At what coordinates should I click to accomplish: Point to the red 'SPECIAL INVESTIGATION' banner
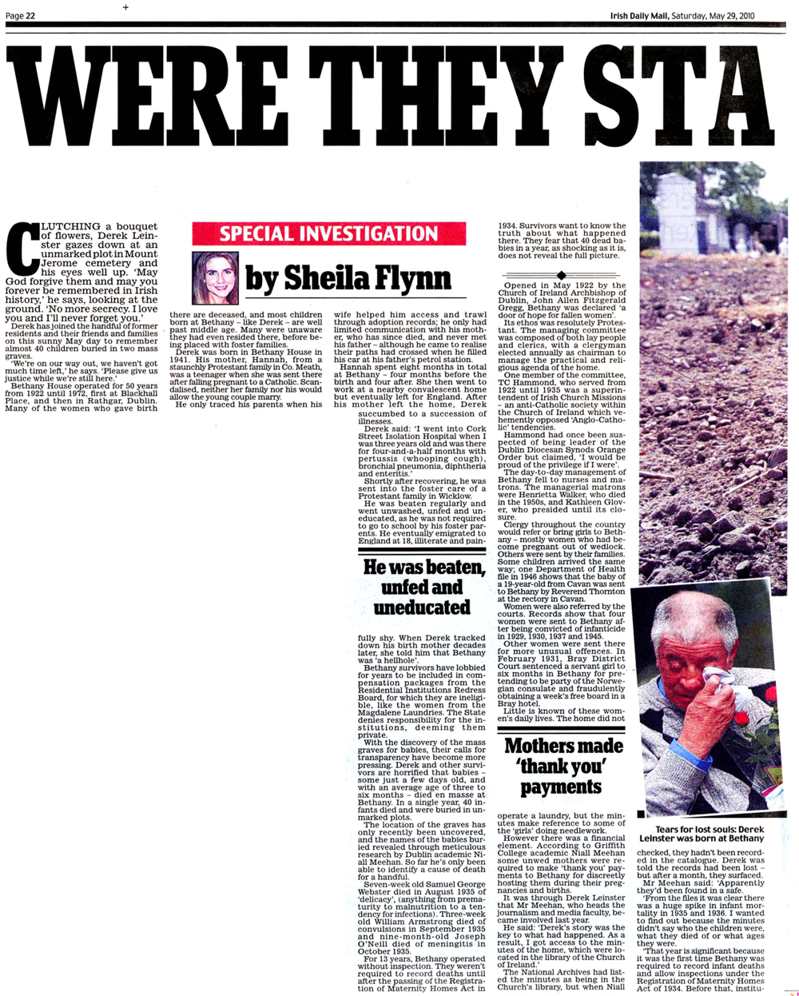pos(328,234)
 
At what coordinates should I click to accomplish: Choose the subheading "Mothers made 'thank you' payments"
pos(562,766)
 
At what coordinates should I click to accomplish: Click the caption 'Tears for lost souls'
pos(701,835)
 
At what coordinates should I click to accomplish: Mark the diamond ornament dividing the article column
pos(562,276)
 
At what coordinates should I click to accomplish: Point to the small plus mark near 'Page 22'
pos(125,7)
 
